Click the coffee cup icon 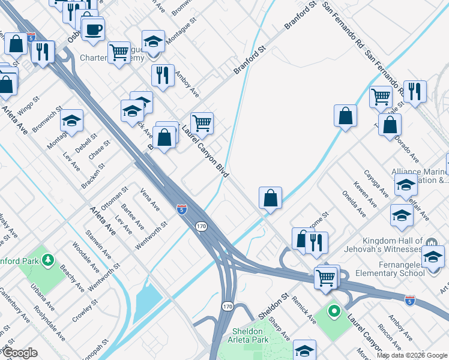[92, 29]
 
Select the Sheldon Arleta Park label [248, 337]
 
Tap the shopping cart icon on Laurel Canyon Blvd [202, 123]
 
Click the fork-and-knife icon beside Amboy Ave [163, 74]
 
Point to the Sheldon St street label [273, 306]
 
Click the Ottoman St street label [115, 197]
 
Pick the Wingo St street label [28, 106]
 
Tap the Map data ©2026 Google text [412, 355]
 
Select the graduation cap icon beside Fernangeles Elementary [433, 256]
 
